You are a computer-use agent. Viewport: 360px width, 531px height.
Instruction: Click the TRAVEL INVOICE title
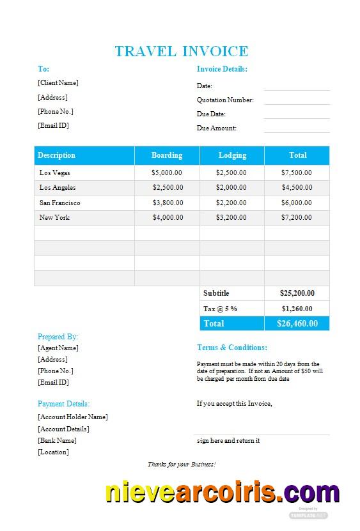(x=181, y=51)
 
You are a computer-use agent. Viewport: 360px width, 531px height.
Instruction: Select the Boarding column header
(x=167, y=155)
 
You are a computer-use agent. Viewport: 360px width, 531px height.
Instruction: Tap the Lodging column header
(x=232, y=155)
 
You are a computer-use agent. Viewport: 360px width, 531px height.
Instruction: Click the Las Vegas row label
(x=55, y=173)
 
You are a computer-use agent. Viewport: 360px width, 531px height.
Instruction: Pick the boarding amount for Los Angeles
(x=168, y=187)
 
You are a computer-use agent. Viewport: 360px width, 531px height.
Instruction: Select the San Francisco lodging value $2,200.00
(x=231, y=203)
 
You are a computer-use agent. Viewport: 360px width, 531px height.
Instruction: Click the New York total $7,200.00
(x=297, y=217)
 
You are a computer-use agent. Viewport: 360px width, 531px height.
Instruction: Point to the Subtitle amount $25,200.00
(x=297, y=293)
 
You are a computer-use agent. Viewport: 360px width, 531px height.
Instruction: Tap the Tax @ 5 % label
(x=220, y=309)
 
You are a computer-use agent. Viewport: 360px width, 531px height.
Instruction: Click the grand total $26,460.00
(x=297, y=323)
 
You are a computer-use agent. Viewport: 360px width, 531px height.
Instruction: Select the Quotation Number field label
(x=225, y=100)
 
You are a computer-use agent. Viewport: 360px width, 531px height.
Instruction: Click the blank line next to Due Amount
(x=297, y=129)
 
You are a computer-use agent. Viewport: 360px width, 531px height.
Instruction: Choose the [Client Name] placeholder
(x=58, y=82)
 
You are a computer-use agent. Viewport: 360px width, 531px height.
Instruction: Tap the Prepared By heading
(x=58, y=337)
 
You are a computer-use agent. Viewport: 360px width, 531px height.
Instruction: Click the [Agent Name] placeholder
(x=58, y=348)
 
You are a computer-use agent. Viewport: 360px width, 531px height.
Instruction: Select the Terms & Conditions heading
(x=232, y=348)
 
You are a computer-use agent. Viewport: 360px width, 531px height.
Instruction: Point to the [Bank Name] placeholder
(x=57, y=440)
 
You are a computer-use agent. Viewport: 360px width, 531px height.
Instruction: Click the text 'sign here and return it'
(x=228, y=440)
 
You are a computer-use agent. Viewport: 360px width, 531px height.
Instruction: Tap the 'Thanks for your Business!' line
(x=182, y=464)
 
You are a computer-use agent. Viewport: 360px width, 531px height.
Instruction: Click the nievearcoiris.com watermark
(x=222, y=494)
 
